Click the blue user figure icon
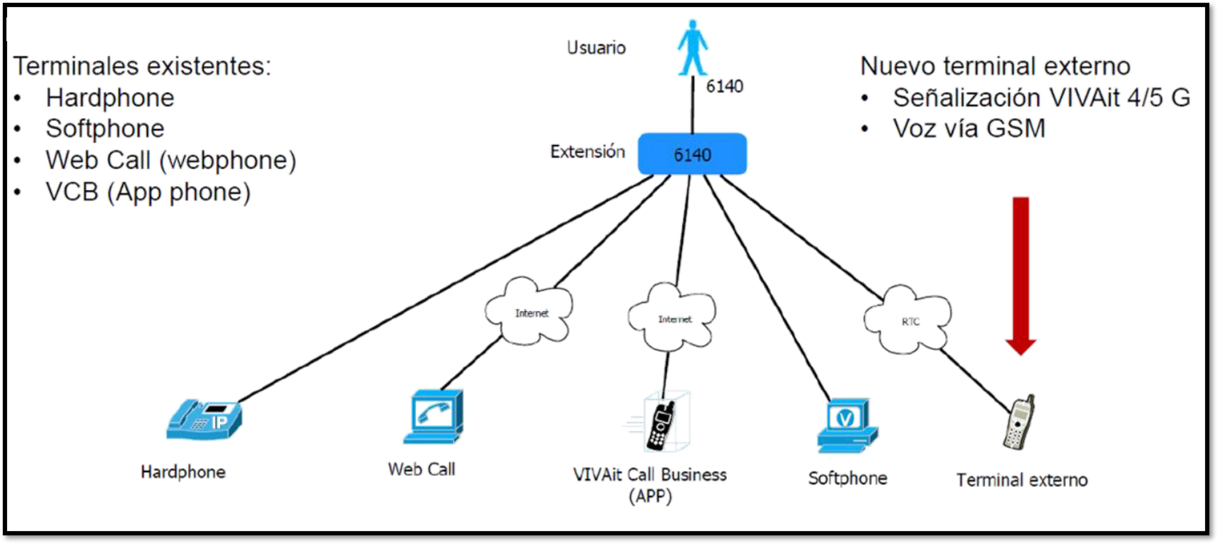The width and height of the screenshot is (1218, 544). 693,47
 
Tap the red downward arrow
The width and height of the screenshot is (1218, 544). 1020,274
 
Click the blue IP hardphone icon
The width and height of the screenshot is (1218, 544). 204,420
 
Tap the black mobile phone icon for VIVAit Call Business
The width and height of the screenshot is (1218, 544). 661,425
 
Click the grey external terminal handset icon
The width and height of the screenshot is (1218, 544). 1019,422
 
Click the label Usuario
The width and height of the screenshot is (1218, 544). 596,48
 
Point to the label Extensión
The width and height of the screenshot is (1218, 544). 587,152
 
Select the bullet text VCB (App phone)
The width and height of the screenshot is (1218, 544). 147,192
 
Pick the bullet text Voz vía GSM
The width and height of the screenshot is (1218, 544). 969,128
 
